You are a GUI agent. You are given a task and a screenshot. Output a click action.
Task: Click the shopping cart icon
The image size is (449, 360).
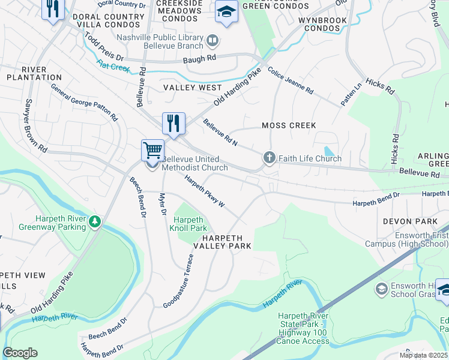(x=153, y=149)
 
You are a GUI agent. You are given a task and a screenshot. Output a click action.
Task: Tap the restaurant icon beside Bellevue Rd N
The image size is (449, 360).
(x=173, y=123)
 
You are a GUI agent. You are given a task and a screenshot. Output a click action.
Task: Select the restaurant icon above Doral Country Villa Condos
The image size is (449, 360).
(x=53, y=8)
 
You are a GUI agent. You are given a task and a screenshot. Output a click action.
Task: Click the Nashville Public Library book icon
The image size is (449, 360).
(x=212, y=41)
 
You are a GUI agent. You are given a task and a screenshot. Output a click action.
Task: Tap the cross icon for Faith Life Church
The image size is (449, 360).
(x=269, y=158)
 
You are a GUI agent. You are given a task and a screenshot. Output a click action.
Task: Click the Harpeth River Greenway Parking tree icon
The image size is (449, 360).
(x=94, y=223)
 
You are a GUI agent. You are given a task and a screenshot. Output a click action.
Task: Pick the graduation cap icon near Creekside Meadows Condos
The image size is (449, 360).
(x=226, y=11)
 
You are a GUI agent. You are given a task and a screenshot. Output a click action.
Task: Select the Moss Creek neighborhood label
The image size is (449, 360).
(x=289, y=125)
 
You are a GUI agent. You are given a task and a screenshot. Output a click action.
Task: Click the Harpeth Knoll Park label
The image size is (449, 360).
(x=190, y=224)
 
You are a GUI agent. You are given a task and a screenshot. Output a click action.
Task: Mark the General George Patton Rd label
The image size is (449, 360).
(x=84, y=102)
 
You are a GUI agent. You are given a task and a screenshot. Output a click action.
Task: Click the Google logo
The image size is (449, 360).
(x=20, y=353)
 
